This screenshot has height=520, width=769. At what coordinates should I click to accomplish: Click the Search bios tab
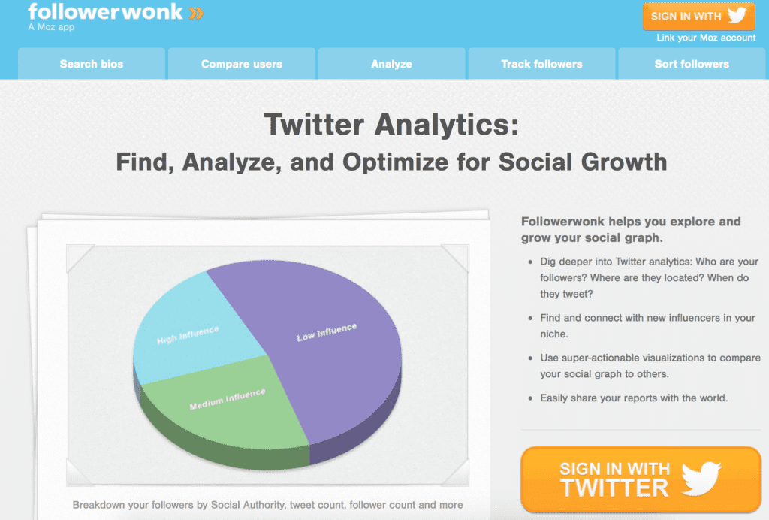click(x=92, y=64)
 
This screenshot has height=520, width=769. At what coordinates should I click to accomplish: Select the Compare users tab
click(x=242, y=64)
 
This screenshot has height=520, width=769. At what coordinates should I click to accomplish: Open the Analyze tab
click(x=392, y=64)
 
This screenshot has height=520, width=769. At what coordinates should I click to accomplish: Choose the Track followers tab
click(x=542, y=64)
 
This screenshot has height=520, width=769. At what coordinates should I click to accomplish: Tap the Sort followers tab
click(x=692, y=64)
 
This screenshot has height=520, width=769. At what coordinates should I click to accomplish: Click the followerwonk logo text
click(x=105, y=12)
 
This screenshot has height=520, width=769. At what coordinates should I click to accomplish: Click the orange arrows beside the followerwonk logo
click(x=196, y=14)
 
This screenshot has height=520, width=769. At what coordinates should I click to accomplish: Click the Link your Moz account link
click(x=706, y=38)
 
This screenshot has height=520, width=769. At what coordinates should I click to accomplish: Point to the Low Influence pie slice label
click(x=327, y=332)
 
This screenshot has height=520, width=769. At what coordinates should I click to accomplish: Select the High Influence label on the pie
click(x=188, y=335)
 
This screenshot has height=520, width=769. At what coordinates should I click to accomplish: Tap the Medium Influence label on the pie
click(x=228, y=399)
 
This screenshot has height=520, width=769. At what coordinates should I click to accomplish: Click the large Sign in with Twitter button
click(x=641, y=479)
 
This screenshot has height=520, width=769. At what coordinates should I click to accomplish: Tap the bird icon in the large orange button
click(x=701, y=477)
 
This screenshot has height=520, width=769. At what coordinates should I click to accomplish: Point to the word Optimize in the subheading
click(x=395, y=162)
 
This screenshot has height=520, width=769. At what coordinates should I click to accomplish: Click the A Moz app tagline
click(x=51, y=27)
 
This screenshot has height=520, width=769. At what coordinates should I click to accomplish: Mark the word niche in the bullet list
click(x=553, y=334)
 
